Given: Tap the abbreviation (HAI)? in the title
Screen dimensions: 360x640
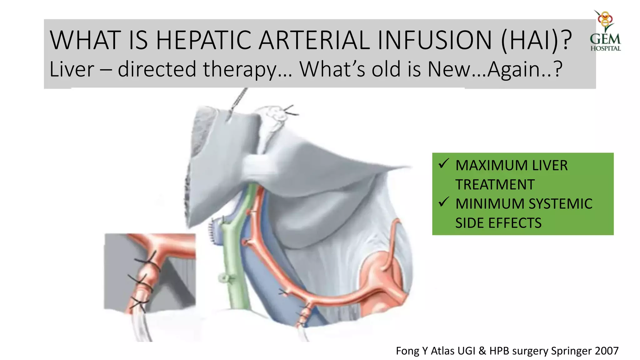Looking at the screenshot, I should pos(537,40).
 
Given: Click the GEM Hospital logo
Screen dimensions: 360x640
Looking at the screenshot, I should pos(605,31).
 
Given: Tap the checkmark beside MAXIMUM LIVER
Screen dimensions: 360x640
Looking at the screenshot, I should pos(443,163).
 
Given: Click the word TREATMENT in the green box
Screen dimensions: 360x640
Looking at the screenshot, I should pos(495,185).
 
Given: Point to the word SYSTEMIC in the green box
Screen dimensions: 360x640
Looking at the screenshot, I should pos(561,204).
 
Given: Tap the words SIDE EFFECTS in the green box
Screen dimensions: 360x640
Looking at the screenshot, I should pos(498,223).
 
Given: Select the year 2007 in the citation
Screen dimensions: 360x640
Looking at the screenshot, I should pos(607,351).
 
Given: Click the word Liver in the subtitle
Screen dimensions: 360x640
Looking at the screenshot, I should pos(72,69).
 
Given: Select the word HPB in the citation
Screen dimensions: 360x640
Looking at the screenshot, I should pos(500,351).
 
